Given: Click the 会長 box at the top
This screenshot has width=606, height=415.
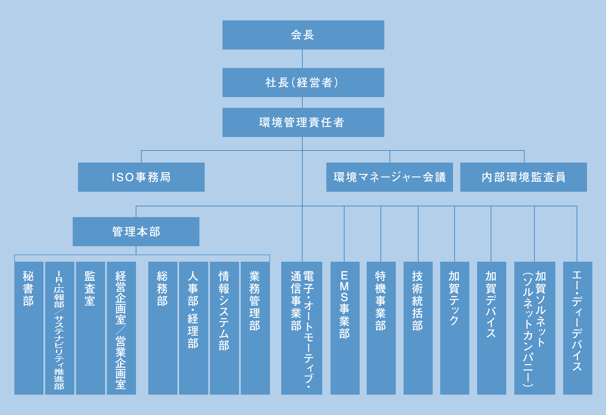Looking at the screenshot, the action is (x=303, y=35).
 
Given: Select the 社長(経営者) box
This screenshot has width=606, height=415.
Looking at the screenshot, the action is (x=303, y=83).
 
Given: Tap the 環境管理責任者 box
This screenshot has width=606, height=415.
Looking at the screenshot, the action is (x=303, y=122).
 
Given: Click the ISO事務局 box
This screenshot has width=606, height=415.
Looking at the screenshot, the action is (x=141, y=177).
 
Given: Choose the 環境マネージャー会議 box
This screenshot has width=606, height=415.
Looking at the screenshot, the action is (x=389, y=177).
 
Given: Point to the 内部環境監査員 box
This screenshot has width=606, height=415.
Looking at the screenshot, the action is (x=523, y=177).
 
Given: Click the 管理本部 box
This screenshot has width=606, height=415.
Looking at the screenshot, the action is (x=136, y=232).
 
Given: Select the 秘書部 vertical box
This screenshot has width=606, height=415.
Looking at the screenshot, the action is (x=29, y=328).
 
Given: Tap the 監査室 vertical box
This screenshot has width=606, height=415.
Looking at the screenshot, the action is (x=90, y=328).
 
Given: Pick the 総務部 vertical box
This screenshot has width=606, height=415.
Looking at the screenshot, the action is (x=163, y=328).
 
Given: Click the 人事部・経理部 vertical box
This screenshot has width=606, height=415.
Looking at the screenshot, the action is (x=194, y=328).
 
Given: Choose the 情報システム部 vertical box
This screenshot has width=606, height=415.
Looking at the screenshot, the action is (x=224, y=328).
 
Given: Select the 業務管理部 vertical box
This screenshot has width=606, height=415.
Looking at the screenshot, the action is (x=255, y=328).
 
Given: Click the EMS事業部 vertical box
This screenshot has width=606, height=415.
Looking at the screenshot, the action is (x=345, y=328).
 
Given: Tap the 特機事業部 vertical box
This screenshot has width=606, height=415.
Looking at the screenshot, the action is (x=381, y=328).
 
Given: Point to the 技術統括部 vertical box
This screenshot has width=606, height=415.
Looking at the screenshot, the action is (x=418, y=328).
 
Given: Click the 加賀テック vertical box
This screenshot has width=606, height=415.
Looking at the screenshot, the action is (x=455, y=328).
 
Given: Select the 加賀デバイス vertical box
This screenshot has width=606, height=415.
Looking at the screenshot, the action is (x=491, y=328).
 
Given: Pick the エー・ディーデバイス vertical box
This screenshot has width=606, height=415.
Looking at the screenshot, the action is (x=578, y=328).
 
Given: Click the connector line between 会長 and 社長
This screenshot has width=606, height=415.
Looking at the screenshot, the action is (x=302, y=59).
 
